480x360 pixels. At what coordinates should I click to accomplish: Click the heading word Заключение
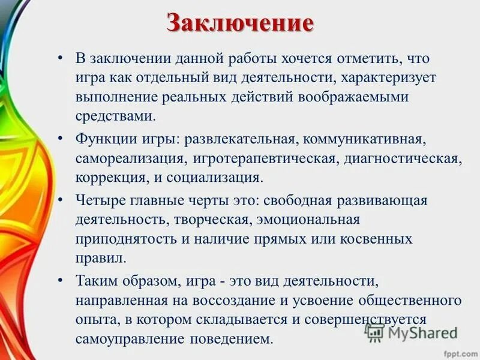coord(240,24)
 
